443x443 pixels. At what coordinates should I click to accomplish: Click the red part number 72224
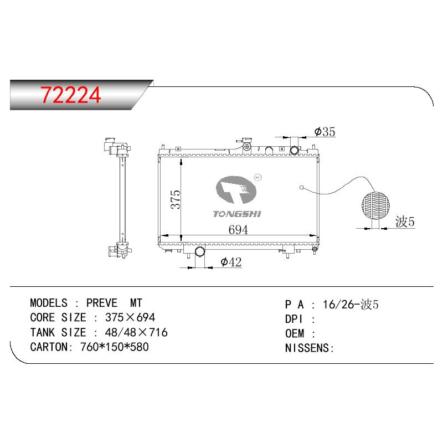click(x=71, y=95)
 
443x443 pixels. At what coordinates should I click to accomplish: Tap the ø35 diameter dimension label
click(x=324, y=132)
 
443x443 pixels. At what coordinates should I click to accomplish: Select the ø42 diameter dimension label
click(x=231, y=262)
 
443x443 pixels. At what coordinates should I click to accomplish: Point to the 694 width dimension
click(x=238, y=230)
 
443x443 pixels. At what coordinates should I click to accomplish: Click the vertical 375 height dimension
click(x=175, y=199)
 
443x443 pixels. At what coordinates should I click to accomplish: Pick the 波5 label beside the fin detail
click(x=405, y=221)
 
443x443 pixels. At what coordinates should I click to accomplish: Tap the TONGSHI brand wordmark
click(x=237, y=214)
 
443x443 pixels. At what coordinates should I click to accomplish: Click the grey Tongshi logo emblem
click(x=236, y=189)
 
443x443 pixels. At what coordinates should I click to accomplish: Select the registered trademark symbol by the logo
click(x=258, y=177)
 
